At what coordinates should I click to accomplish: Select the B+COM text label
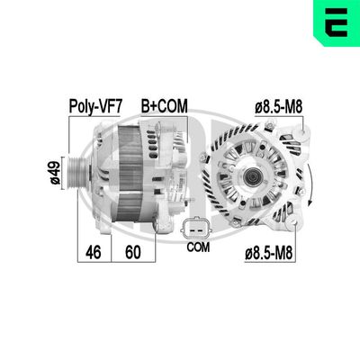163,105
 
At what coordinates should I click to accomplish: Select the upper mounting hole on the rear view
290,136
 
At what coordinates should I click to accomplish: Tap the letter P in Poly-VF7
73,105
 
